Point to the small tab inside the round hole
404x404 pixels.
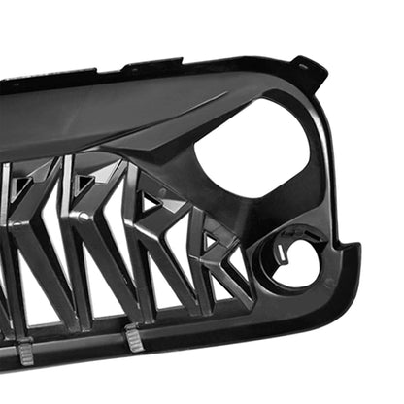click(283, 251)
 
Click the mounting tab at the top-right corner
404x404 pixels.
click(309, 69)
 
